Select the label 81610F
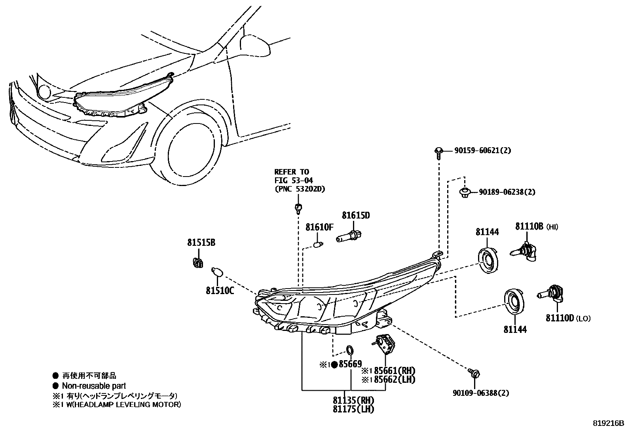(x=319, y=228)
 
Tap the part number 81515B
(x=201, y=243)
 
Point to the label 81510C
(x=220, y=291)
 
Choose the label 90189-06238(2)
(x=507, y=192)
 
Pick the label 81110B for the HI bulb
(x=529, y=226)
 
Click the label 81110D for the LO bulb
(x=560, y=318)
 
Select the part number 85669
(x=350, y=365)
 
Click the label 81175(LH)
(x=353, y=409)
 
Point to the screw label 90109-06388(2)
(x=481, y=393)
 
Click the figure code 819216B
(x=608, y=424)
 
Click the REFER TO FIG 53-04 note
(x=299, y=180)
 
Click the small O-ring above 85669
(x=350, y=350)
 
